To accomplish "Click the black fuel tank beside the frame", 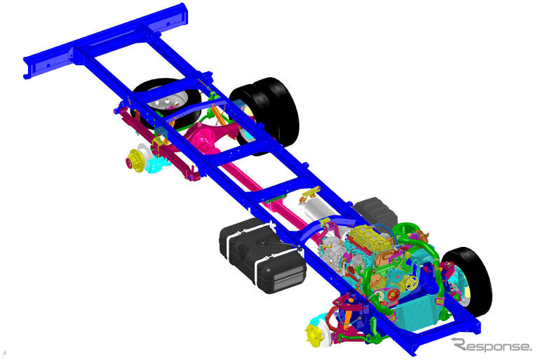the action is pos(262,255).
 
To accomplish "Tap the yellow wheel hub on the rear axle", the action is pos(134,161).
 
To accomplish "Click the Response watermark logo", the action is pos(492,345).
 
